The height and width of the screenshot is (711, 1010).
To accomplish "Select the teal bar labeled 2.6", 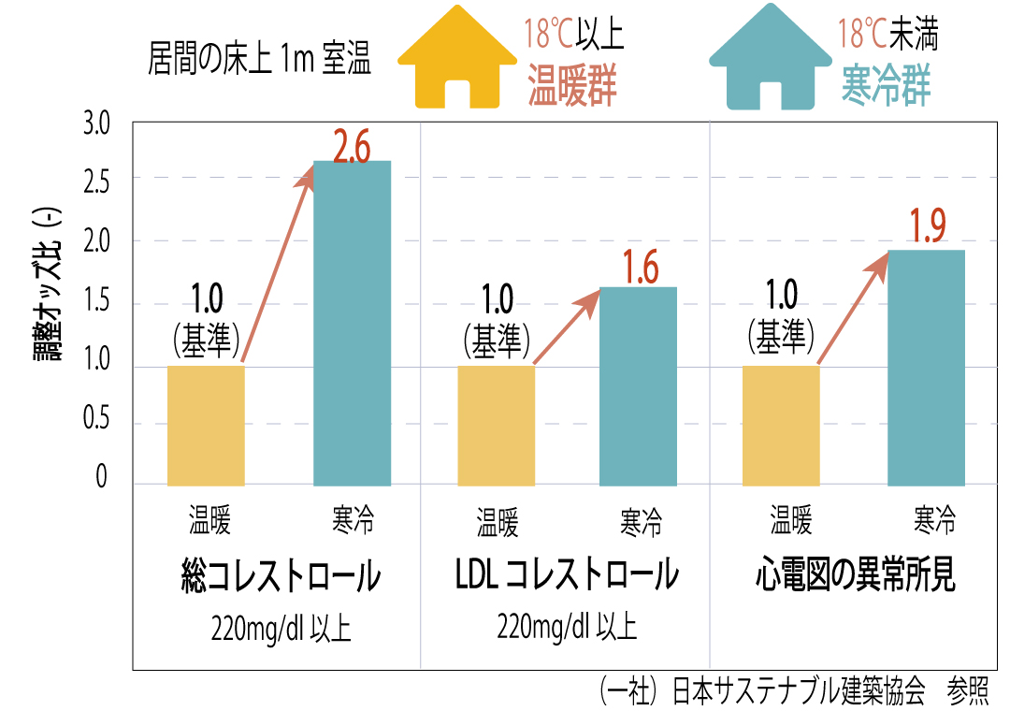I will click(x=352, y=323).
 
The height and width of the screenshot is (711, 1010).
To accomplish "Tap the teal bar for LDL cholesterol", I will click(x=638, y=385).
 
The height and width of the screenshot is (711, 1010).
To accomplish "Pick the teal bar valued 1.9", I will click(x=926, y=367).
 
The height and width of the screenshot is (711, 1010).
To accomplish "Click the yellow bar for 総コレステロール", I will click(x=206, y=425).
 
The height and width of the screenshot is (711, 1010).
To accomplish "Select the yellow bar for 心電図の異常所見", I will click(x=781, y=425).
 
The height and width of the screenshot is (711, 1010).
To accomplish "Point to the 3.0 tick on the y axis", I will click(x=96, y=123).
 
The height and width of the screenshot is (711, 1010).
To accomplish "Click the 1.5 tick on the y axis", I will click(x=96, y=302).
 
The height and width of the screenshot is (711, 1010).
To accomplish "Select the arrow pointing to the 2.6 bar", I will click(x=277, y=265).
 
